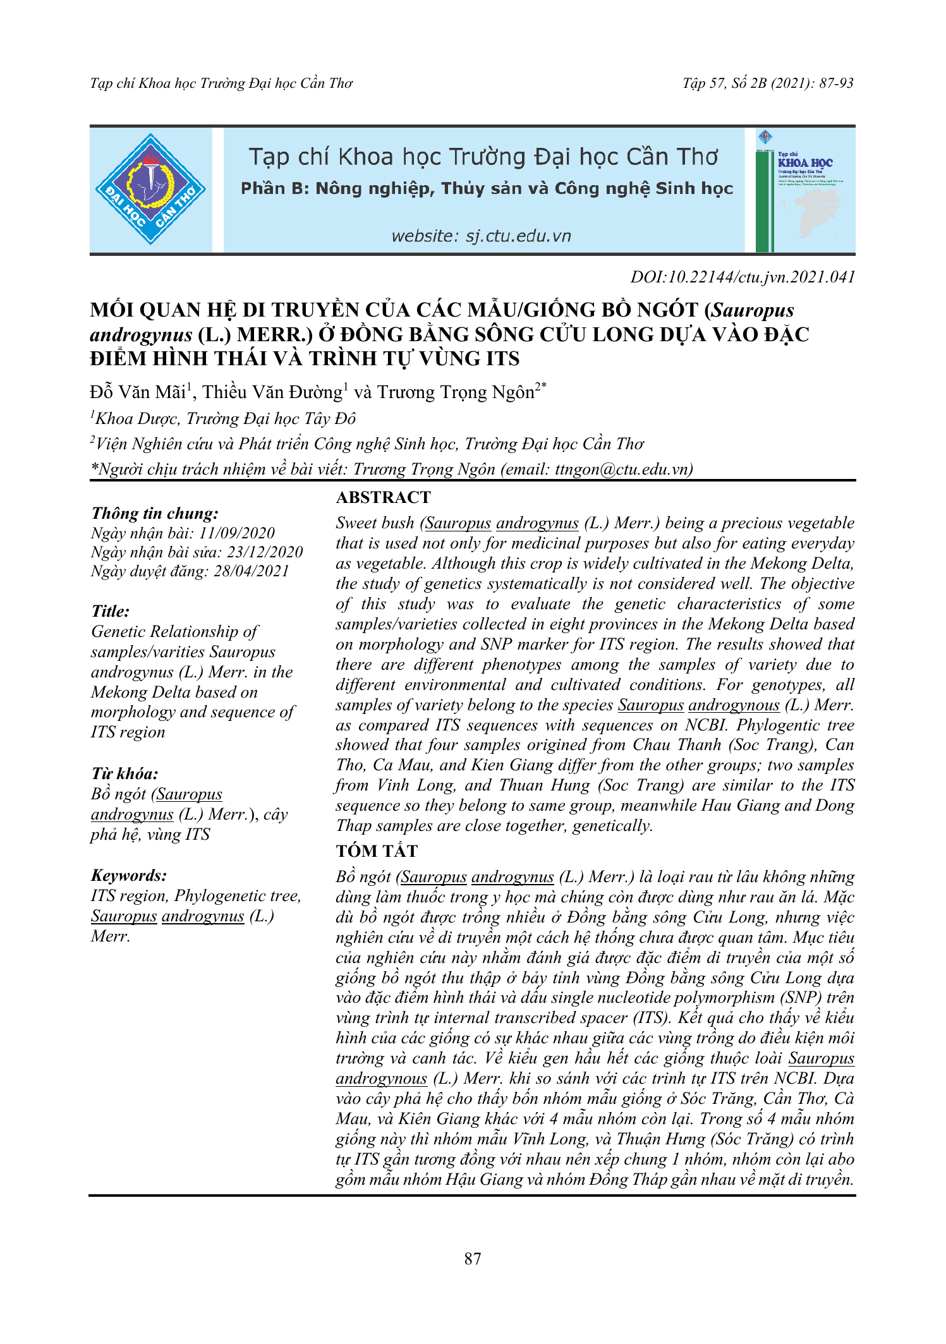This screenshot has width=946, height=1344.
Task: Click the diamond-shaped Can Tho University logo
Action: [x=150, y=190]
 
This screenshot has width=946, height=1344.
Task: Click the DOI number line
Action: [x=743, y=277]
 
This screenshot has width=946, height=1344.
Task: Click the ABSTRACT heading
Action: [x=383, y=497]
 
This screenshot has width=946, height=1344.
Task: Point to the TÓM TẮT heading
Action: [x=377, y=851]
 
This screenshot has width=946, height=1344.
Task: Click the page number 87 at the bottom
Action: [x=473, y=1259]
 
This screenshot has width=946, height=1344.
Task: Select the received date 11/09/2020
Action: [x=236, y=533]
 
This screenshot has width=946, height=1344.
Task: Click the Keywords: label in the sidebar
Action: [x=129, y=875]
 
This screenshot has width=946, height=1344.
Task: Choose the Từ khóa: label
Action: [x=124, y=774]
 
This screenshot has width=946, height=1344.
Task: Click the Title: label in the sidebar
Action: [x=111, y=611]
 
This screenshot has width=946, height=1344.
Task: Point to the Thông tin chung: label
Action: [x=155, y=513]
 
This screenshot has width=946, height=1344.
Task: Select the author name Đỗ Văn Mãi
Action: [x=137, y=392]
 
